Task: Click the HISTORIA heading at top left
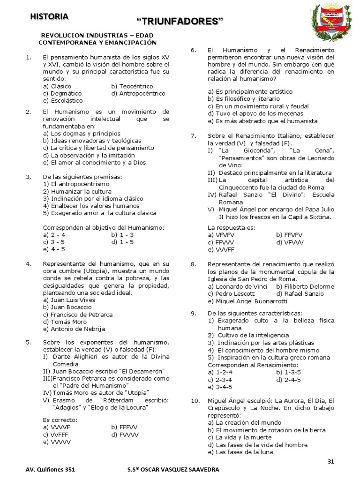(x=49, y=17)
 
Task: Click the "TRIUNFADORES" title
(x=180, y=21)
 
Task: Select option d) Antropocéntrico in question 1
(x=138, y=93)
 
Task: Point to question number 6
(x=194, y=50)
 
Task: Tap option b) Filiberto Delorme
(x=305, y=286)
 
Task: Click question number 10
(x=195, y=401)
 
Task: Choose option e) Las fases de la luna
(x=240, y=452)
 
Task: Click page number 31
(x=331, y=461)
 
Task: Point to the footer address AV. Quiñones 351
(x=48, y=470)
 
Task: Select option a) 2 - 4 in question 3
(x=54, y=234)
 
